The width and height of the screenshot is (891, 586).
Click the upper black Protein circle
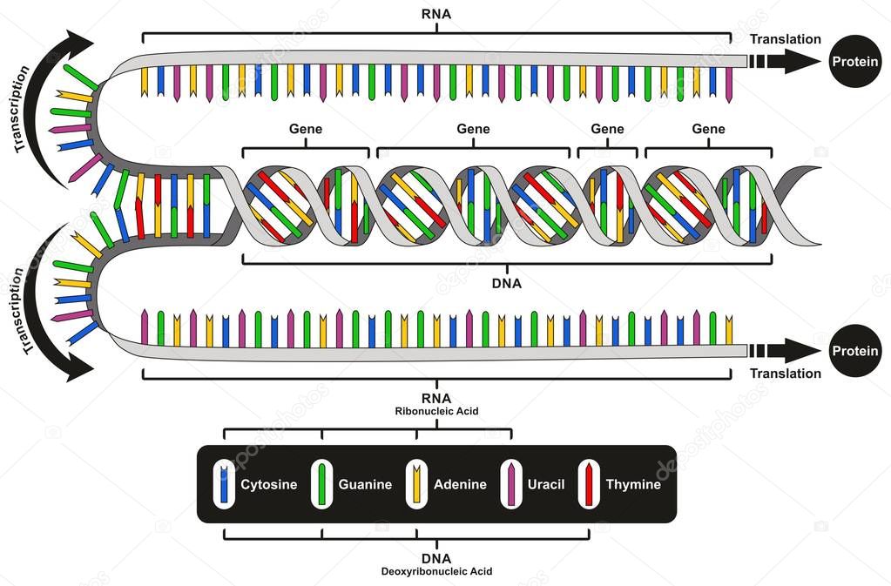pos(854,61)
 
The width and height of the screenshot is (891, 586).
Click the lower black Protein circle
pos(854,351)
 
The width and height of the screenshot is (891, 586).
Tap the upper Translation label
pos(785,39)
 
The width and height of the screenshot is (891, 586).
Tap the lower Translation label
pos(785,374)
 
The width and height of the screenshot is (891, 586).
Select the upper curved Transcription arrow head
pos(79,44)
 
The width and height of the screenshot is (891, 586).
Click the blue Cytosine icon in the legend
pos(225,484)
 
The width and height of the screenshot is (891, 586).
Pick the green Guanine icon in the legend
pos(321,484)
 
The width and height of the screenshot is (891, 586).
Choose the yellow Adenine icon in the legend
pos(416,484)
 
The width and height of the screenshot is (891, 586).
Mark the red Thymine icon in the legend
pos(589,484)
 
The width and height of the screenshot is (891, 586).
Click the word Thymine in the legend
pos(633,485)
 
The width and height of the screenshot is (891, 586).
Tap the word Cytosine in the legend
pos(270,485)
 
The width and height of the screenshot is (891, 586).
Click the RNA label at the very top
pos(436,15)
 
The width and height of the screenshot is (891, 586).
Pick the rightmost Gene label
pos(708,129)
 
